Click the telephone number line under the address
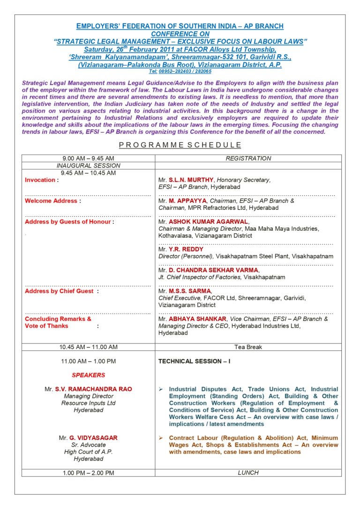180,71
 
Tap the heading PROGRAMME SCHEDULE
180,145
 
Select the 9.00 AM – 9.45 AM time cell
88,159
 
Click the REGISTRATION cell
248,159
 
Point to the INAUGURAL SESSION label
88,166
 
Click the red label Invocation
41,180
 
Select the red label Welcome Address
51,201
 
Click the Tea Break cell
248,347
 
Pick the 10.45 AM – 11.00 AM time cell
88,347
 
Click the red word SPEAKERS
88,375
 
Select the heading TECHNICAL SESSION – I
194,361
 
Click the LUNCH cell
248,473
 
